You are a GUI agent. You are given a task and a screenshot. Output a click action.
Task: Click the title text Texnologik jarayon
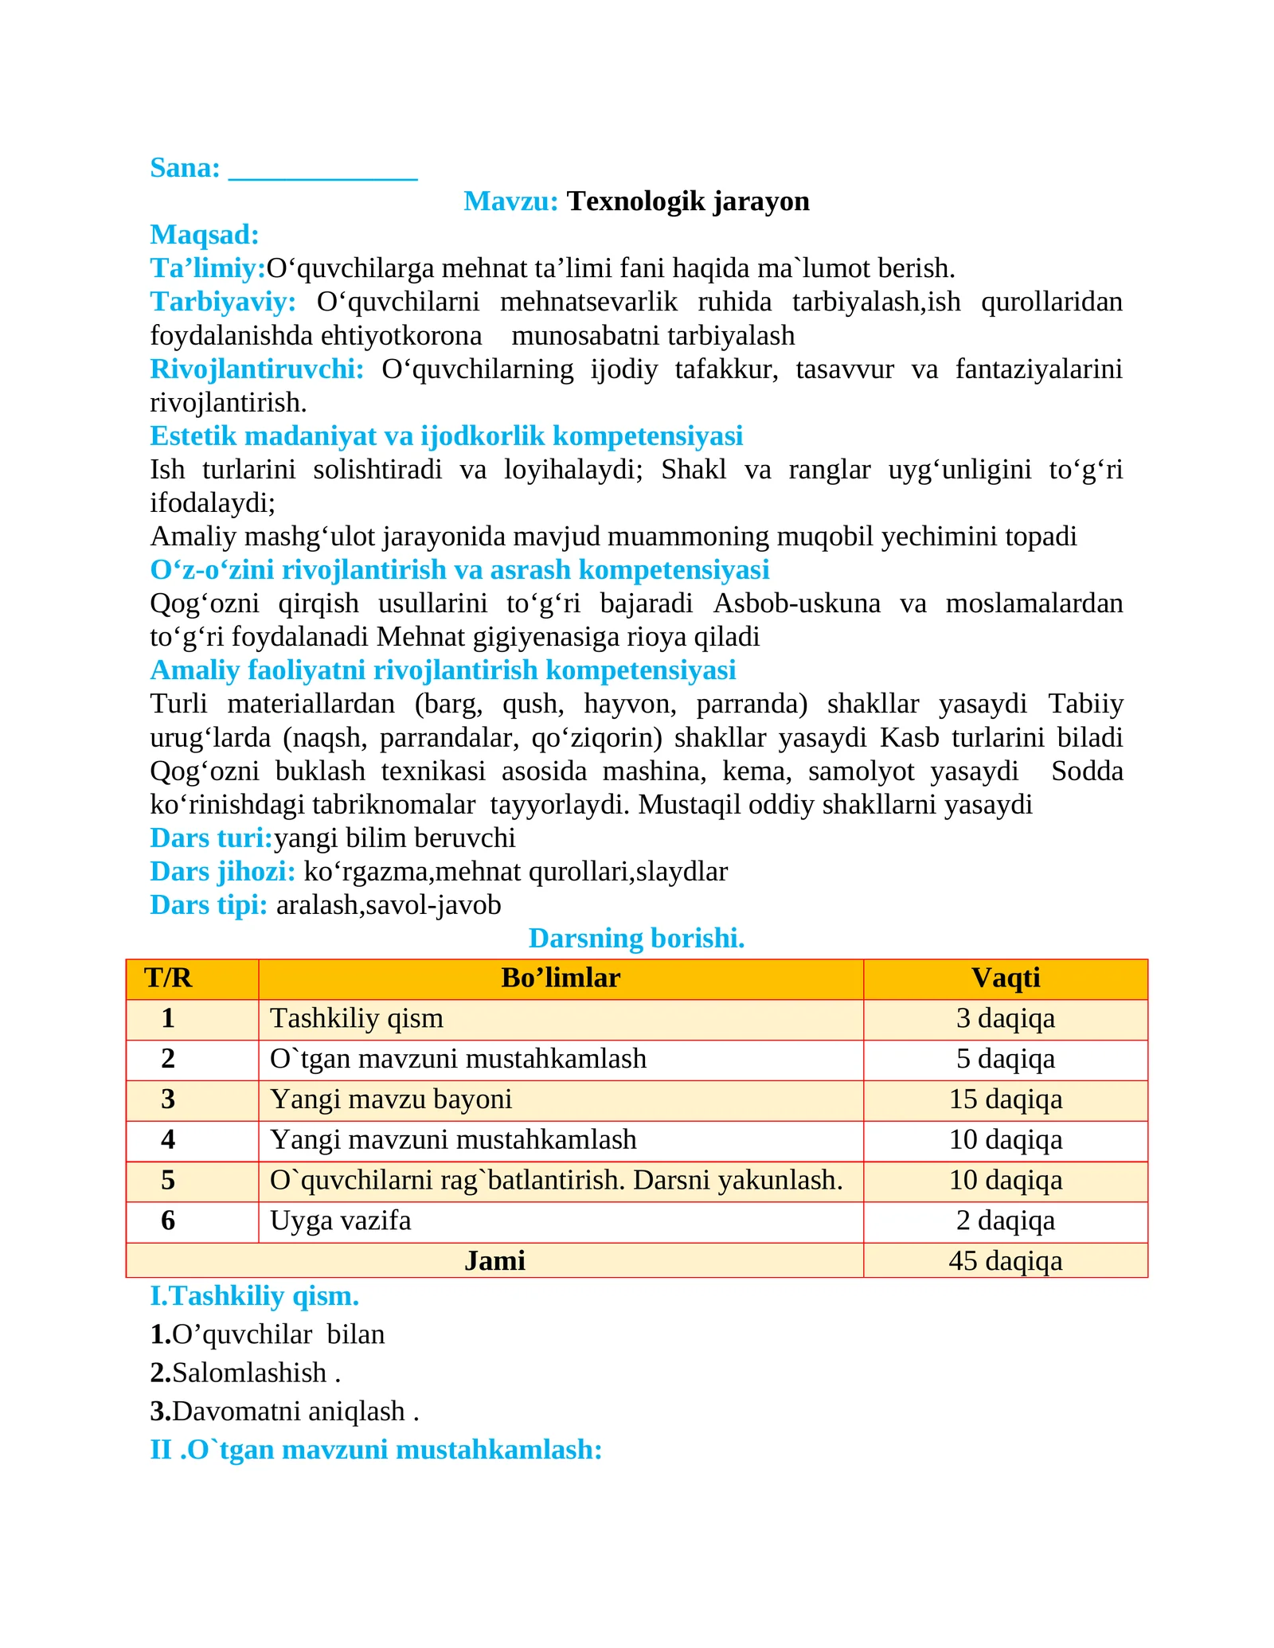pos(688,201)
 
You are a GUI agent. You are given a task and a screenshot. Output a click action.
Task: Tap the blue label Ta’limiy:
pos(207,268)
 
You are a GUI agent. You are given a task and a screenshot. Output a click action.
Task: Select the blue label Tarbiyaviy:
pos(223,302)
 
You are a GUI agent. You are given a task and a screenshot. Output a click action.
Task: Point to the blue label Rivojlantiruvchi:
pos(256,369)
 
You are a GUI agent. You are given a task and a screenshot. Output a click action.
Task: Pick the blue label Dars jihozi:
pos(222,872)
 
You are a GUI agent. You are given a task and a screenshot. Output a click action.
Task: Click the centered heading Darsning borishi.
pos(636,939)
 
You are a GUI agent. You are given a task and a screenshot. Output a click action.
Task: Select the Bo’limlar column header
pos(561,978)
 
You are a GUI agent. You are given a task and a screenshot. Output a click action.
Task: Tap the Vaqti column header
pos(1006,978)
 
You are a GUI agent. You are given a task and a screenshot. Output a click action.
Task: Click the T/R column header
pos(168,978)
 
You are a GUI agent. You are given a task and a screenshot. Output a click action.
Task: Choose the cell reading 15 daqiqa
pos(1006,1099)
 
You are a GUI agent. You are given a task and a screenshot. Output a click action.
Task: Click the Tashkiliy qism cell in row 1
pos(357,1019)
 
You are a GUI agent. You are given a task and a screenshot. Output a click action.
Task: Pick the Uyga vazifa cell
pos(341,1220)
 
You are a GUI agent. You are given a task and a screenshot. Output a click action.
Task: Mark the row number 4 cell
pos(168,1140)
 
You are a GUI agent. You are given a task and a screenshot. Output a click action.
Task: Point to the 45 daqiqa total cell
pos(1006,1261)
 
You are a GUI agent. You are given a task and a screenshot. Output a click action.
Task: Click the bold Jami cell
pos(494,1261)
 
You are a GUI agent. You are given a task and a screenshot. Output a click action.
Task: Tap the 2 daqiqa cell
pos(1006,1220)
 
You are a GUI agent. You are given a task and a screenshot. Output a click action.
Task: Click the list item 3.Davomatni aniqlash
pos(283,1412)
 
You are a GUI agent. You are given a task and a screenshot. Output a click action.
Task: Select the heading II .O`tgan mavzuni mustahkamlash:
pos(376,1450)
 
